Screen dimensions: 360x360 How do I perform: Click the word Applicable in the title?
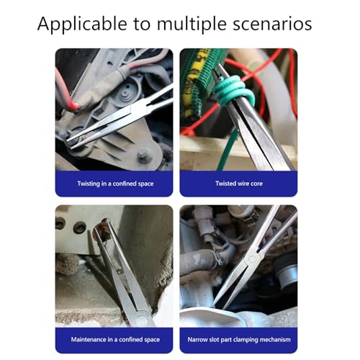pyautogui.click(x=82, y=24)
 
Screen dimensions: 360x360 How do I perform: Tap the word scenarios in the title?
pyautogui.click(x=272, y=24)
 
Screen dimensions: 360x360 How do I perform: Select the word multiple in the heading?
pyautogui.click(x=192, y=24)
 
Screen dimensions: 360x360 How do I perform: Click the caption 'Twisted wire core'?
pyautogui.click(x=239, y=184)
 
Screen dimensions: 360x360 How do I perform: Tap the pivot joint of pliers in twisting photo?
pyautogui.click(x=138, y=109)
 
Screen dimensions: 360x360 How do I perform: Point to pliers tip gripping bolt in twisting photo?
pyautogui.click(x=70, y=143)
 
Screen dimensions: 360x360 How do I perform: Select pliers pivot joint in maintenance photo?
pyautogui.click(x=142, y=318)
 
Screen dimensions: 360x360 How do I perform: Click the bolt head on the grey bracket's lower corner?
pyautogui.click(x=143, y=156)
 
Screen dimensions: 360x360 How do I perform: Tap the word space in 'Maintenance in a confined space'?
pyautogui.click(x=152, y=340)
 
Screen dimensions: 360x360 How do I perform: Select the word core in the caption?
pyautogui.click(x=256, y=184)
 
